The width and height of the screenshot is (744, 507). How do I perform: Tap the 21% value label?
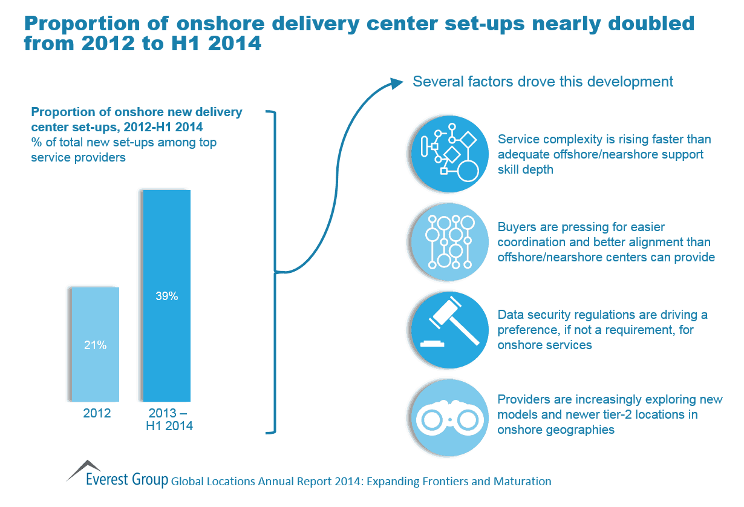[x=95, y=345]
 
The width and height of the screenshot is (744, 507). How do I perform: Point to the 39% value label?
[x=166, y=296]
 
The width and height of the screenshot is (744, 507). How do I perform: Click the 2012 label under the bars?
[x=97, y=414]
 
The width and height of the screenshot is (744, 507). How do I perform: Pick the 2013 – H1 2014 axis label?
[x=169, y=420]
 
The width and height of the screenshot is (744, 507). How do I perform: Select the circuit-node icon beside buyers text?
[x=448, y=241]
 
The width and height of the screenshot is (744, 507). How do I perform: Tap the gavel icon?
[x=448, y=329]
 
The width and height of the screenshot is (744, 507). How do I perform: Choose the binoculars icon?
[x=448, y=417]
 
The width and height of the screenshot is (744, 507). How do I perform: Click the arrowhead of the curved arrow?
[x=396, y=82]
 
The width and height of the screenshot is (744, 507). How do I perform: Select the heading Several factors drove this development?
[x=543, y=82]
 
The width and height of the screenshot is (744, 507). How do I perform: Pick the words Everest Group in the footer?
[x=127, y=481]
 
